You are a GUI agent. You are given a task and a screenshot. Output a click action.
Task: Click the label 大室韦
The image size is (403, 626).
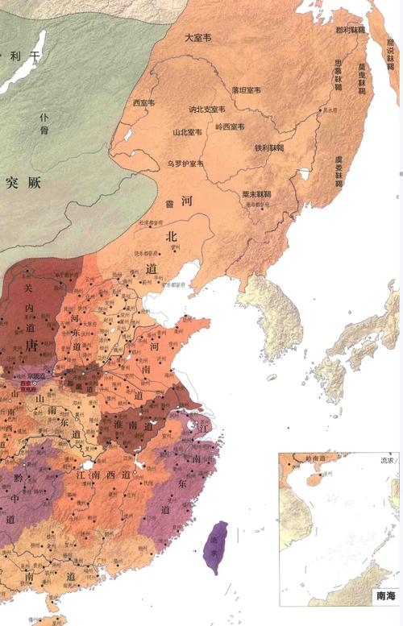[197, 37]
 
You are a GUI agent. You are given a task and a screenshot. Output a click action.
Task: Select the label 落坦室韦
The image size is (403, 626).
[246, 89]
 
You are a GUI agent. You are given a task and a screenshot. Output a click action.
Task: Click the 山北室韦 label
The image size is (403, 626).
[187, 131]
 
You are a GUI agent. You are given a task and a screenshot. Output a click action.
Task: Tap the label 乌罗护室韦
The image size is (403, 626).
[185, 164]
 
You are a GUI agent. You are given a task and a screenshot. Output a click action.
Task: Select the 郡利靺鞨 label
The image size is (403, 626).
[350, 30]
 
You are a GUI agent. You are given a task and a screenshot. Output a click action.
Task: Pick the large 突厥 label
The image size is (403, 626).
[22, 183]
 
